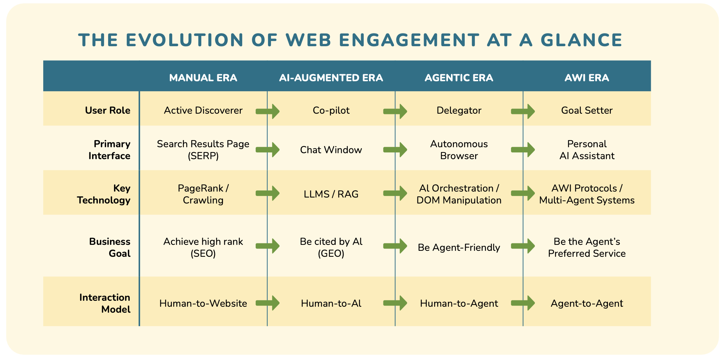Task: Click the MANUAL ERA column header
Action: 203,78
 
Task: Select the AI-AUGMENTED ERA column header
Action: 331,78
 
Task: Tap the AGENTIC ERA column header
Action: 459,78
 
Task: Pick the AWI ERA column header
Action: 587,78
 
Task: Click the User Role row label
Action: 107,110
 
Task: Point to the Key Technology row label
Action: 104,194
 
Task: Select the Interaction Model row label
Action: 105,303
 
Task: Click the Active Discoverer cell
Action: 203,110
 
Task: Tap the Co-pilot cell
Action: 331,110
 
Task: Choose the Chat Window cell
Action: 331,150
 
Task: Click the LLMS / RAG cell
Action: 331,194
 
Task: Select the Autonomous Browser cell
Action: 459,150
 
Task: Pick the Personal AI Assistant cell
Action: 587,150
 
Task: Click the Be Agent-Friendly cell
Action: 459,247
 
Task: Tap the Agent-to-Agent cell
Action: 587,303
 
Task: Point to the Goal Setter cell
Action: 587,110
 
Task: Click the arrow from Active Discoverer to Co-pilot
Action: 268,111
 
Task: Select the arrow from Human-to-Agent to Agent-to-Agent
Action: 523,303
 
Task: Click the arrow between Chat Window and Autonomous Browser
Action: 395,150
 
